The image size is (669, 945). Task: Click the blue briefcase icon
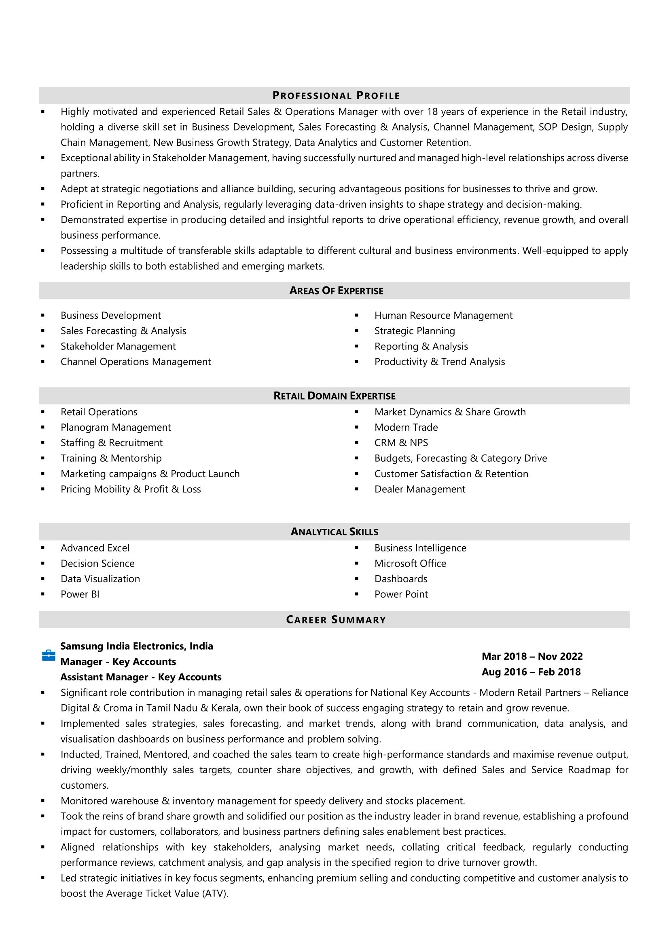(x=49, y=655)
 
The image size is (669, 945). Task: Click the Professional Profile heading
(x=336, y=95)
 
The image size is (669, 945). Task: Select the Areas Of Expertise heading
(x=336, y=290)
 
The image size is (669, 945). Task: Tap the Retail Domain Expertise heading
(x=334, y=396)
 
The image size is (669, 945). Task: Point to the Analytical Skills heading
(x=334, y=532)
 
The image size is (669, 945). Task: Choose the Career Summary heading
(x=336, y=620)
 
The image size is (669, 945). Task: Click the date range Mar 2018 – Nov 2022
(x=532, y=656)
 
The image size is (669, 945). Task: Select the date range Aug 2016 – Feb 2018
(x=531, y=672)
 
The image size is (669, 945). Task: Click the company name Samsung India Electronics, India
(x=137, y=646)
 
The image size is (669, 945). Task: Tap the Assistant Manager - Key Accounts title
(x=141, y=677)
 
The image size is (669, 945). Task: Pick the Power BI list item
(x=80, y=594)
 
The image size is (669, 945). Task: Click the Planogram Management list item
(x=116, y=427)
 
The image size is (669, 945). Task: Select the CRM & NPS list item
(x=401, y=443)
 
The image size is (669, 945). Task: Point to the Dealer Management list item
(x=420, y=489)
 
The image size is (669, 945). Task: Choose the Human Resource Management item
(x=443, y=315)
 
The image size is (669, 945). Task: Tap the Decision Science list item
(x=97, y=564)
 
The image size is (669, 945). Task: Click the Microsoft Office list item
(x=410, y=564)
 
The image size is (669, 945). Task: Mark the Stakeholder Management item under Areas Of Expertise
(x=118, y=347)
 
